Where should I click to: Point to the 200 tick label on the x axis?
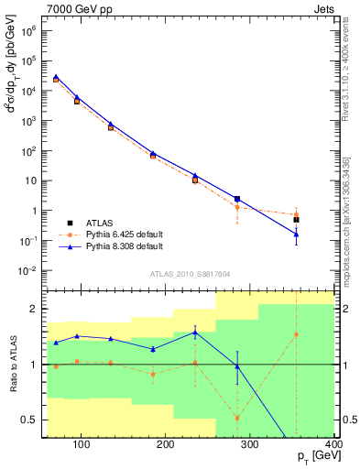(x=165, y=446)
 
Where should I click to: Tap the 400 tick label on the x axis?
(x=333, y=446)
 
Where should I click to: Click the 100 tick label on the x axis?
(x=81, y=446)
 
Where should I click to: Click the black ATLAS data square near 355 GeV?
(x=296, y=220)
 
